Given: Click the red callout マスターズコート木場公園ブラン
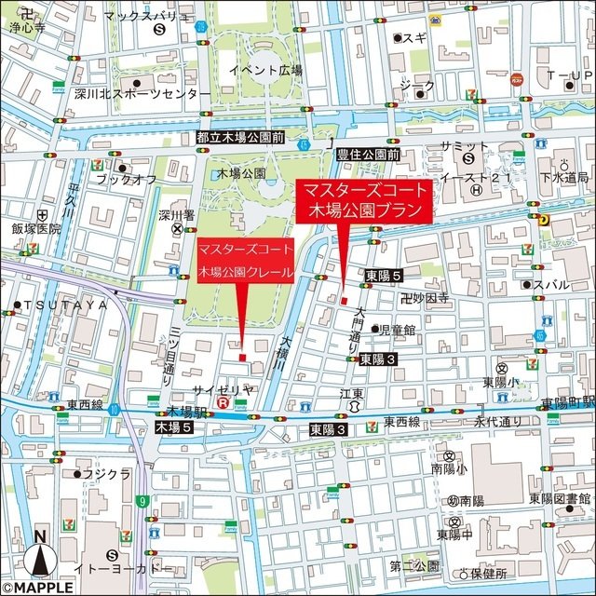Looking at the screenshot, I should click(x=364, y=200).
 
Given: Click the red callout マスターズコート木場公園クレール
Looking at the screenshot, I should click(x=245, y=261).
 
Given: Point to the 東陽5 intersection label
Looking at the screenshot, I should click(x=383, y=277).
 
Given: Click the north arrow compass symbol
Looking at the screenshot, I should click(x=39, y=555).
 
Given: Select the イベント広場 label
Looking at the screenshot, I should click(x=266, y=71).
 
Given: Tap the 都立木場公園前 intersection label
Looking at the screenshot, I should click(x=240, y=136).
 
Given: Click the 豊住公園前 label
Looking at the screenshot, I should click(x=368, y=154).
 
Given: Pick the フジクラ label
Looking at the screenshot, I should click(x=106, y=474).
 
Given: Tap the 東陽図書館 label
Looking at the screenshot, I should click(x=561, y=498).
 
